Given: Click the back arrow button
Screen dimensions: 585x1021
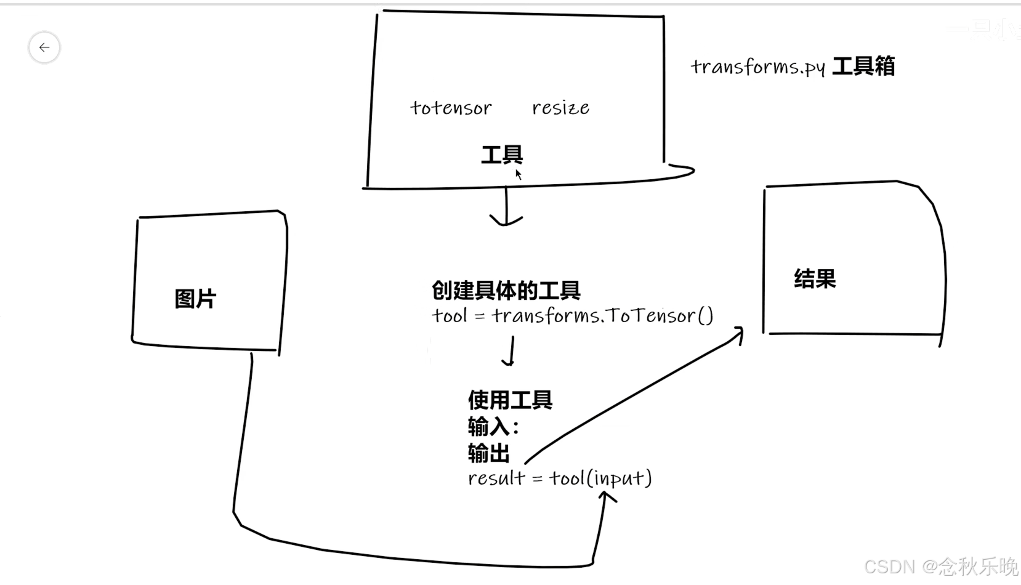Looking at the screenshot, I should pyautogui.click(x=44, y=47).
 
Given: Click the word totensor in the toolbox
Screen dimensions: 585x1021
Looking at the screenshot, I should pyautogui.click(x=451, y=108).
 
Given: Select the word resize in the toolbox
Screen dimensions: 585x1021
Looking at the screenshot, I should pyautogui.click(x=560, y=108).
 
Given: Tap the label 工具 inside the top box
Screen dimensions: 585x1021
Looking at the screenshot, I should pyautogui.click(x=501, y=155).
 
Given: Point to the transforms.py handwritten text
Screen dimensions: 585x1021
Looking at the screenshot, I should pyautogui.click(x=757, y=67).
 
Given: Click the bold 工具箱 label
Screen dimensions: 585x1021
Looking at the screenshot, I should pyautogui.click(x=863, y=67).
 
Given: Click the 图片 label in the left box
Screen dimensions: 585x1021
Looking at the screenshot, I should pyautogui.click(x=195, y=299).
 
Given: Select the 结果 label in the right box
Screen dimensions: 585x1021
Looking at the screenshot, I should pyautogui.click(x=815, y=279).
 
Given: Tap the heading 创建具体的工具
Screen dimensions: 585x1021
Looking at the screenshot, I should pyautogui.click(x=506, y=290).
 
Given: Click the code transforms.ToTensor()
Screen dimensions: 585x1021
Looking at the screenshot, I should pyautogui.click(x=602, y=316).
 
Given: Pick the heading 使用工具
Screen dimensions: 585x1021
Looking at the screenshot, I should pyautogui.click(x=510, y=400).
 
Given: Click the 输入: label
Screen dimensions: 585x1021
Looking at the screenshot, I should pyautogui.click(x=493, y=427).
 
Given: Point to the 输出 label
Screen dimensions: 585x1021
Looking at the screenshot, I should pyautogui.click(x=488, y=453).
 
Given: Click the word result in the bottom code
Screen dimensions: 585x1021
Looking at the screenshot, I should pyautogui.click(x=496, y=478).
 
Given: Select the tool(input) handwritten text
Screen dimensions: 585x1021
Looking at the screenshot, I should pyautogui.click(x=600, y=478).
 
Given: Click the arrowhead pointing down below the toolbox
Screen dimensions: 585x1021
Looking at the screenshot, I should pyautogui.click(x=506, y=220).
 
